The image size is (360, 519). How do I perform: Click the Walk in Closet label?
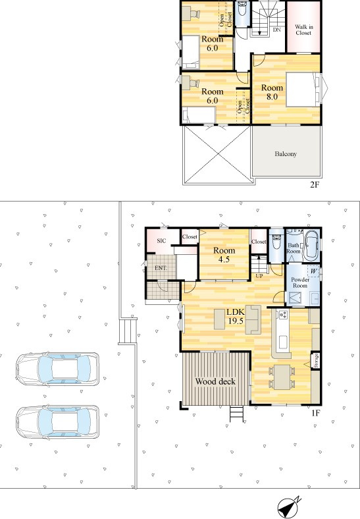303,30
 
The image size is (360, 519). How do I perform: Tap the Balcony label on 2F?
286,154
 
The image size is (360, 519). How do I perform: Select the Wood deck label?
215,381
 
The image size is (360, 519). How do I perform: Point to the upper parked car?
57,369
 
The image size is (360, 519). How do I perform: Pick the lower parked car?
57,422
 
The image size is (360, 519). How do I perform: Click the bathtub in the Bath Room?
312,246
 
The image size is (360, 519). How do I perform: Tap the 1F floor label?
316,413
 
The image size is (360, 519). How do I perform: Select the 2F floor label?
315,184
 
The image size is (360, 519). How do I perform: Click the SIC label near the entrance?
161,240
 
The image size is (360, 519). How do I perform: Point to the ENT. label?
161,268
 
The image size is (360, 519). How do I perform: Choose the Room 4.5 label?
224,254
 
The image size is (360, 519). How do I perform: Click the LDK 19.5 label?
235,316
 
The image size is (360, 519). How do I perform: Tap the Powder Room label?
300,283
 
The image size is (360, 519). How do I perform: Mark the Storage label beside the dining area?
316,361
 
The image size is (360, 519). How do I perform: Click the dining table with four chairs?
282,377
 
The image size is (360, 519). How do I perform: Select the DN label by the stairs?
276,30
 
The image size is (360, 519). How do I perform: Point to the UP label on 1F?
259,275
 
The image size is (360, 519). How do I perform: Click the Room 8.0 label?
272,92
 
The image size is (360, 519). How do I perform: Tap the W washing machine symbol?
314,271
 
